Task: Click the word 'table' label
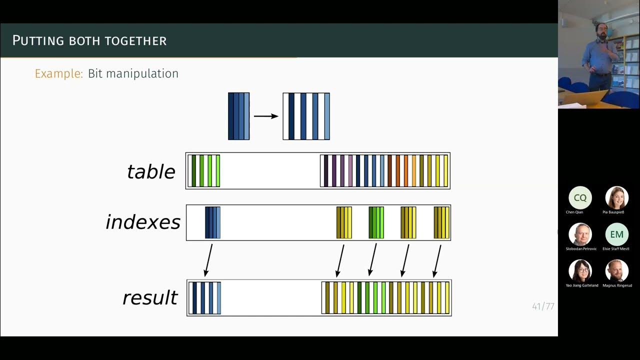click(151, 171)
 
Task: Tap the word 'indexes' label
click(143, 222)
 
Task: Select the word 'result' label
click(150, 297)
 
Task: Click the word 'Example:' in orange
click(58, 73)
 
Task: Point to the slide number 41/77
click(543, 306)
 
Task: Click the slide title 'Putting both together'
click(89, 40)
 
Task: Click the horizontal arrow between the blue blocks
click(266, 116)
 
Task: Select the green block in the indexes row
click(376, 222)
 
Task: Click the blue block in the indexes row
click(212, 222)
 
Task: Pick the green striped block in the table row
click(204, 171)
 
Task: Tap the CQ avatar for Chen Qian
click(580, 198)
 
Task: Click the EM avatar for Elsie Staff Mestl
click(616, 234)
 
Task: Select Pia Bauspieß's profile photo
click(616, 198)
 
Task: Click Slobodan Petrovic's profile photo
click(580, 234)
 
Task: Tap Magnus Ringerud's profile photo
click(616, 270)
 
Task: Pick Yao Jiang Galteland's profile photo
click(580, 270)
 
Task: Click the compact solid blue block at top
click(238, 116)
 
